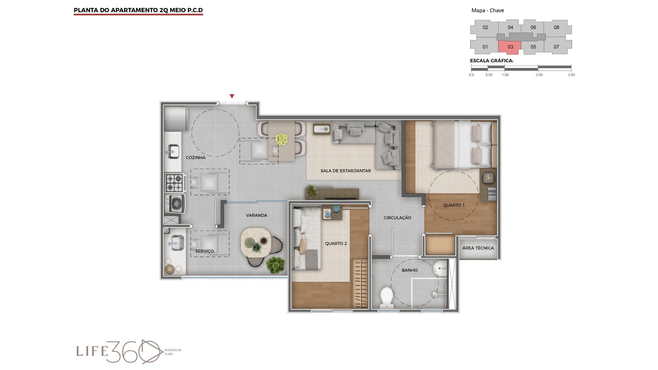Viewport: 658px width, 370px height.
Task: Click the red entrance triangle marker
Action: tap(232, 96)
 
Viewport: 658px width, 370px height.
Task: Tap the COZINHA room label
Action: tap(196, 158)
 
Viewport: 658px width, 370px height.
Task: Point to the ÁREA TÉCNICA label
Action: tap(478, 248)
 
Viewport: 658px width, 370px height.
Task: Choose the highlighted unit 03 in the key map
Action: tap(510, 47)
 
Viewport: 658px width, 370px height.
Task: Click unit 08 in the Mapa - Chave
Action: tap(557, 27)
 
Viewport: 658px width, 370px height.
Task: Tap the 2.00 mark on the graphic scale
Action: tap(539, 75)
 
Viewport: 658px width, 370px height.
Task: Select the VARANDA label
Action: tap(256, 215)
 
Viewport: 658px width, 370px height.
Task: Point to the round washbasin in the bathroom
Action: tap(439, 267)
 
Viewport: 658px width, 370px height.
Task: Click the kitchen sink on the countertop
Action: tap(173, 152)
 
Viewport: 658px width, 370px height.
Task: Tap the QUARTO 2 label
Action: tap(336, 244)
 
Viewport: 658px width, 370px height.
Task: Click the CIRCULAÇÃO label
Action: tap(397, 218)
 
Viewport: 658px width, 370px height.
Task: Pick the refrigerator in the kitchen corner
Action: tap(176, 119)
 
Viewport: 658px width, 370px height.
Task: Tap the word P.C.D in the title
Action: tap(195, 10)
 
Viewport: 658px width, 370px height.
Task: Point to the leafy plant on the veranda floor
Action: tap(275, 265)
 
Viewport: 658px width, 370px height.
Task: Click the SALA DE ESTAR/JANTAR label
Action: tap(346, 171)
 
